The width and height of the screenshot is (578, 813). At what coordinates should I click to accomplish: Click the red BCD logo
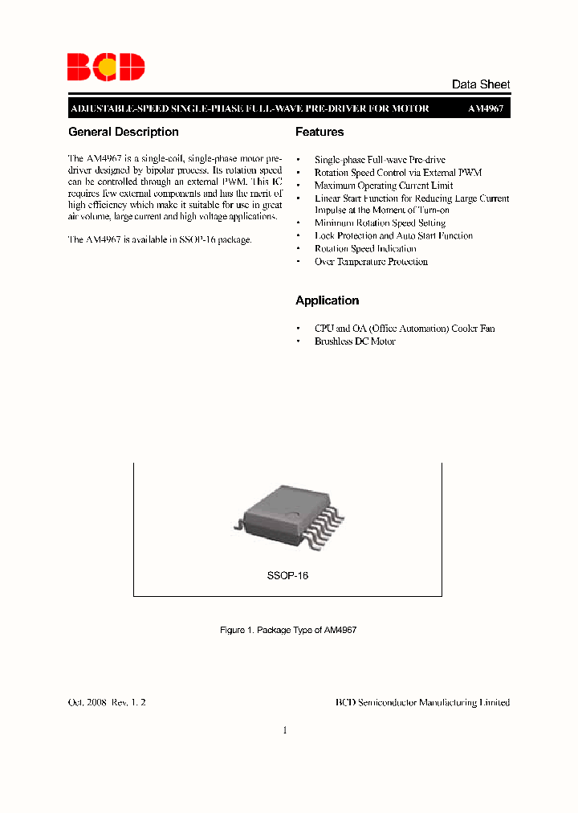click(x=106, y=67)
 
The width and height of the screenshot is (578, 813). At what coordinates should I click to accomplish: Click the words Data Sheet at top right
click(x=481, y=84)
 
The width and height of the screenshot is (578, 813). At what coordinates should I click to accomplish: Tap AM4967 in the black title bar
click(x=486, y=108)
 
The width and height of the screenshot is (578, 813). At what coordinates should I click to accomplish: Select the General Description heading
click(x=124, y=132)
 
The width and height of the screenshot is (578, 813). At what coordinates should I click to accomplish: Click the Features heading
click(x=320, y=132)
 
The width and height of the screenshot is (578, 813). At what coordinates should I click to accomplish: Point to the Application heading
click(x=327, y=300)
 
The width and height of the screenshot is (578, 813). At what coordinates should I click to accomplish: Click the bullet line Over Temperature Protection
click(x=371, y=262)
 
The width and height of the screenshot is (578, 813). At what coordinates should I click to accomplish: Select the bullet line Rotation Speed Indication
click(x=365, y=249)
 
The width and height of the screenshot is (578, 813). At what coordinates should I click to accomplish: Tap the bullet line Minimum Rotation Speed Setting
click(x=380, y=223)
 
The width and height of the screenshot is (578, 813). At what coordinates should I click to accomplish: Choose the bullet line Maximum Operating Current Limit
click(x=384, y=186)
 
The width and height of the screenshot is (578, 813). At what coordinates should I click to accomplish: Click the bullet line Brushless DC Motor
click(x=355, y=341)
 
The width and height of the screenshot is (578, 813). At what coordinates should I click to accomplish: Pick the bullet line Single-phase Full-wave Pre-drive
click(x=380, y=161)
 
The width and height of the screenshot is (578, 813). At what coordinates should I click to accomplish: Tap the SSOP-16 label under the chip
click(x=287, y=576)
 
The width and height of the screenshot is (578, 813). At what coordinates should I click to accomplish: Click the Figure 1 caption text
click(x=288, y=631)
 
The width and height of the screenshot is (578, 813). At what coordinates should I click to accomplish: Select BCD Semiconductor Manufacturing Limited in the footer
click(x=422, y=702)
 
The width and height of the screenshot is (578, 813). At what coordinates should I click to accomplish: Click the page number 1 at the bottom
click(x=285, y=730)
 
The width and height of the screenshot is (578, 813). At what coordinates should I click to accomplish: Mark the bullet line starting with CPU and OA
click(x=405, y=329)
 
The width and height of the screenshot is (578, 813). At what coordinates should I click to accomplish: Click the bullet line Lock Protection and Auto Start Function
click(x=393, y=236)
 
